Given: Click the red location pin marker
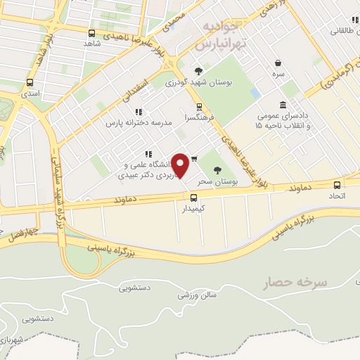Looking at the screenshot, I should point(181,166).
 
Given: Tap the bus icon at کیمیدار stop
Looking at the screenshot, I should point(194,198).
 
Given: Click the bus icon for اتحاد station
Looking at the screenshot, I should point(337,185).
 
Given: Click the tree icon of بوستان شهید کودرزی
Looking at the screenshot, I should point(199,70).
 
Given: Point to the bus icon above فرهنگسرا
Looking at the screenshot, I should point(199,107).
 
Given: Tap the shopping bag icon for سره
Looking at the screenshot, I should point(279,62).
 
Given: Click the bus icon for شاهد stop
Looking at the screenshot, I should point(92,33).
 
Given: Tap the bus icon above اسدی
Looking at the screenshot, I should point(30,82).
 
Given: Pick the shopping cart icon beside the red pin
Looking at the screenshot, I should point(194,158).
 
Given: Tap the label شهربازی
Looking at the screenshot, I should point(12,340).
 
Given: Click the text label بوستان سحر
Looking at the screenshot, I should point(215,181).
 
